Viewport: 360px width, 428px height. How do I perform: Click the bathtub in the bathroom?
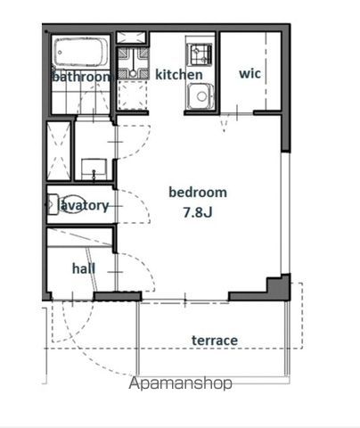81,53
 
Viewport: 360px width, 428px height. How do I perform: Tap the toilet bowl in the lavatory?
73,204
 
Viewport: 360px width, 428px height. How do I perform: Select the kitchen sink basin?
200,95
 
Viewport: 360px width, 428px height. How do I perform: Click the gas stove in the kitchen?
200,53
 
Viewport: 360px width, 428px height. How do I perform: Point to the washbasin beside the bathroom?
94,169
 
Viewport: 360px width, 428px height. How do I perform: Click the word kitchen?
179,75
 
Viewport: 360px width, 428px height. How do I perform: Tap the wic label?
250,73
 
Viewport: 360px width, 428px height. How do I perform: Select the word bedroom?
198,193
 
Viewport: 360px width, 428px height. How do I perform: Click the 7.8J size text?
198,212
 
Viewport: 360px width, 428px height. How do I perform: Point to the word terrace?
215,341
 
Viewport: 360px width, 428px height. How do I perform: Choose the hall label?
84,268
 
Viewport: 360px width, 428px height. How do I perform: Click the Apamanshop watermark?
180,383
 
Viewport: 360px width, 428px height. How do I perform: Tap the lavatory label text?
84,205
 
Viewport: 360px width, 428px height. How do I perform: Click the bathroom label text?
81,77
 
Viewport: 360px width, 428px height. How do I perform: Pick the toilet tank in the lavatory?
53,204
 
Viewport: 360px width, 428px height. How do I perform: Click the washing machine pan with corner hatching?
133,62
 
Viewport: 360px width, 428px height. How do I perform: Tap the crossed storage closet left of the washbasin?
59,151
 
